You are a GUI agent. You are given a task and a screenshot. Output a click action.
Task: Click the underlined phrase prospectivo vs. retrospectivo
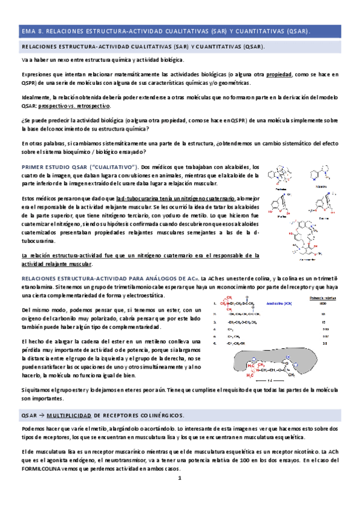pyautogui.click(x=80, y=106)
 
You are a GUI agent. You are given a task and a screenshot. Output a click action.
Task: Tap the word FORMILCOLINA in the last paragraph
pyautogui.click(x=44, y=468)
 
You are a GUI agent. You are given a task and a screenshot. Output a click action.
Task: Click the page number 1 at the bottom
pyautogui.click(x=180, y=478)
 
